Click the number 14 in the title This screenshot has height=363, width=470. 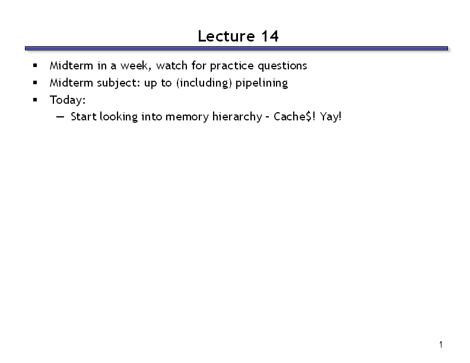click(270, 36)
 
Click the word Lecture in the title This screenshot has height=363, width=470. click(226, 36)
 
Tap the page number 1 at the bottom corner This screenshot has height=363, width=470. click(441, 345)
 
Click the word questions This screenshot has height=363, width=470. click(282, 66)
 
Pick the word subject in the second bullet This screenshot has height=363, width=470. click(119, 83)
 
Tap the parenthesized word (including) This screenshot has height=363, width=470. click(204, 83)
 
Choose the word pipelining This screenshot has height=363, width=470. click(262, 83)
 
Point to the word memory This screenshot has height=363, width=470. click(187, 117)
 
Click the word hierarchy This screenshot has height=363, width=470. click(237, 117)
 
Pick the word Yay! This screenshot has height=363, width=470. click(331, 117)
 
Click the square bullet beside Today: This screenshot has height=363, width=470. click(35, 100)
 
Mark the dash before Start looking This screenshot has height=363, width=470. click(60, 117)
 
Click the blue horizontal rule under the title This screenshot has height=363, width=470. click(237, 48)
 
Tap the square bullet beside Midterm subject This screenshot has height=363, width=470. click(35, 82)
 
